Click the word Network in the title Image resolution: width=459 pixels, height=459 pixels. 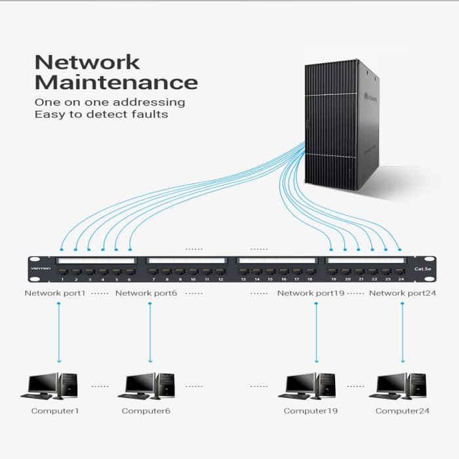coord(87,62)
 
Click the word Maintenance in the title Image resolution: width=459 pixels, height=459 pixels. coord(115,83)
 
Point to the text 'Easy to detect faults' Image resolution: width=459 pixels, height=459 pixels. coord(101,114)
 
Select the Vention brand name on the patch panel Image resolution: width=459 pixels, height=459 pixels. coord(41,268)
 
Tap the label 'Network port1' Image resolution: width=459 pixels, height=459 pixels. coord(55,293)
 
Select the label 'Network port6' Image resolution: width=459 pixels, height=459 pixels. coord(146,293)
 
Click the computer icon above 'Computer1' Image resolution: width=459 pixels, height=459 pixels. coord(49,386)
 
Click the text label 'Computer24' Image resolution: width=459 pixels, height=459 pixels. coord(402,411)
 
